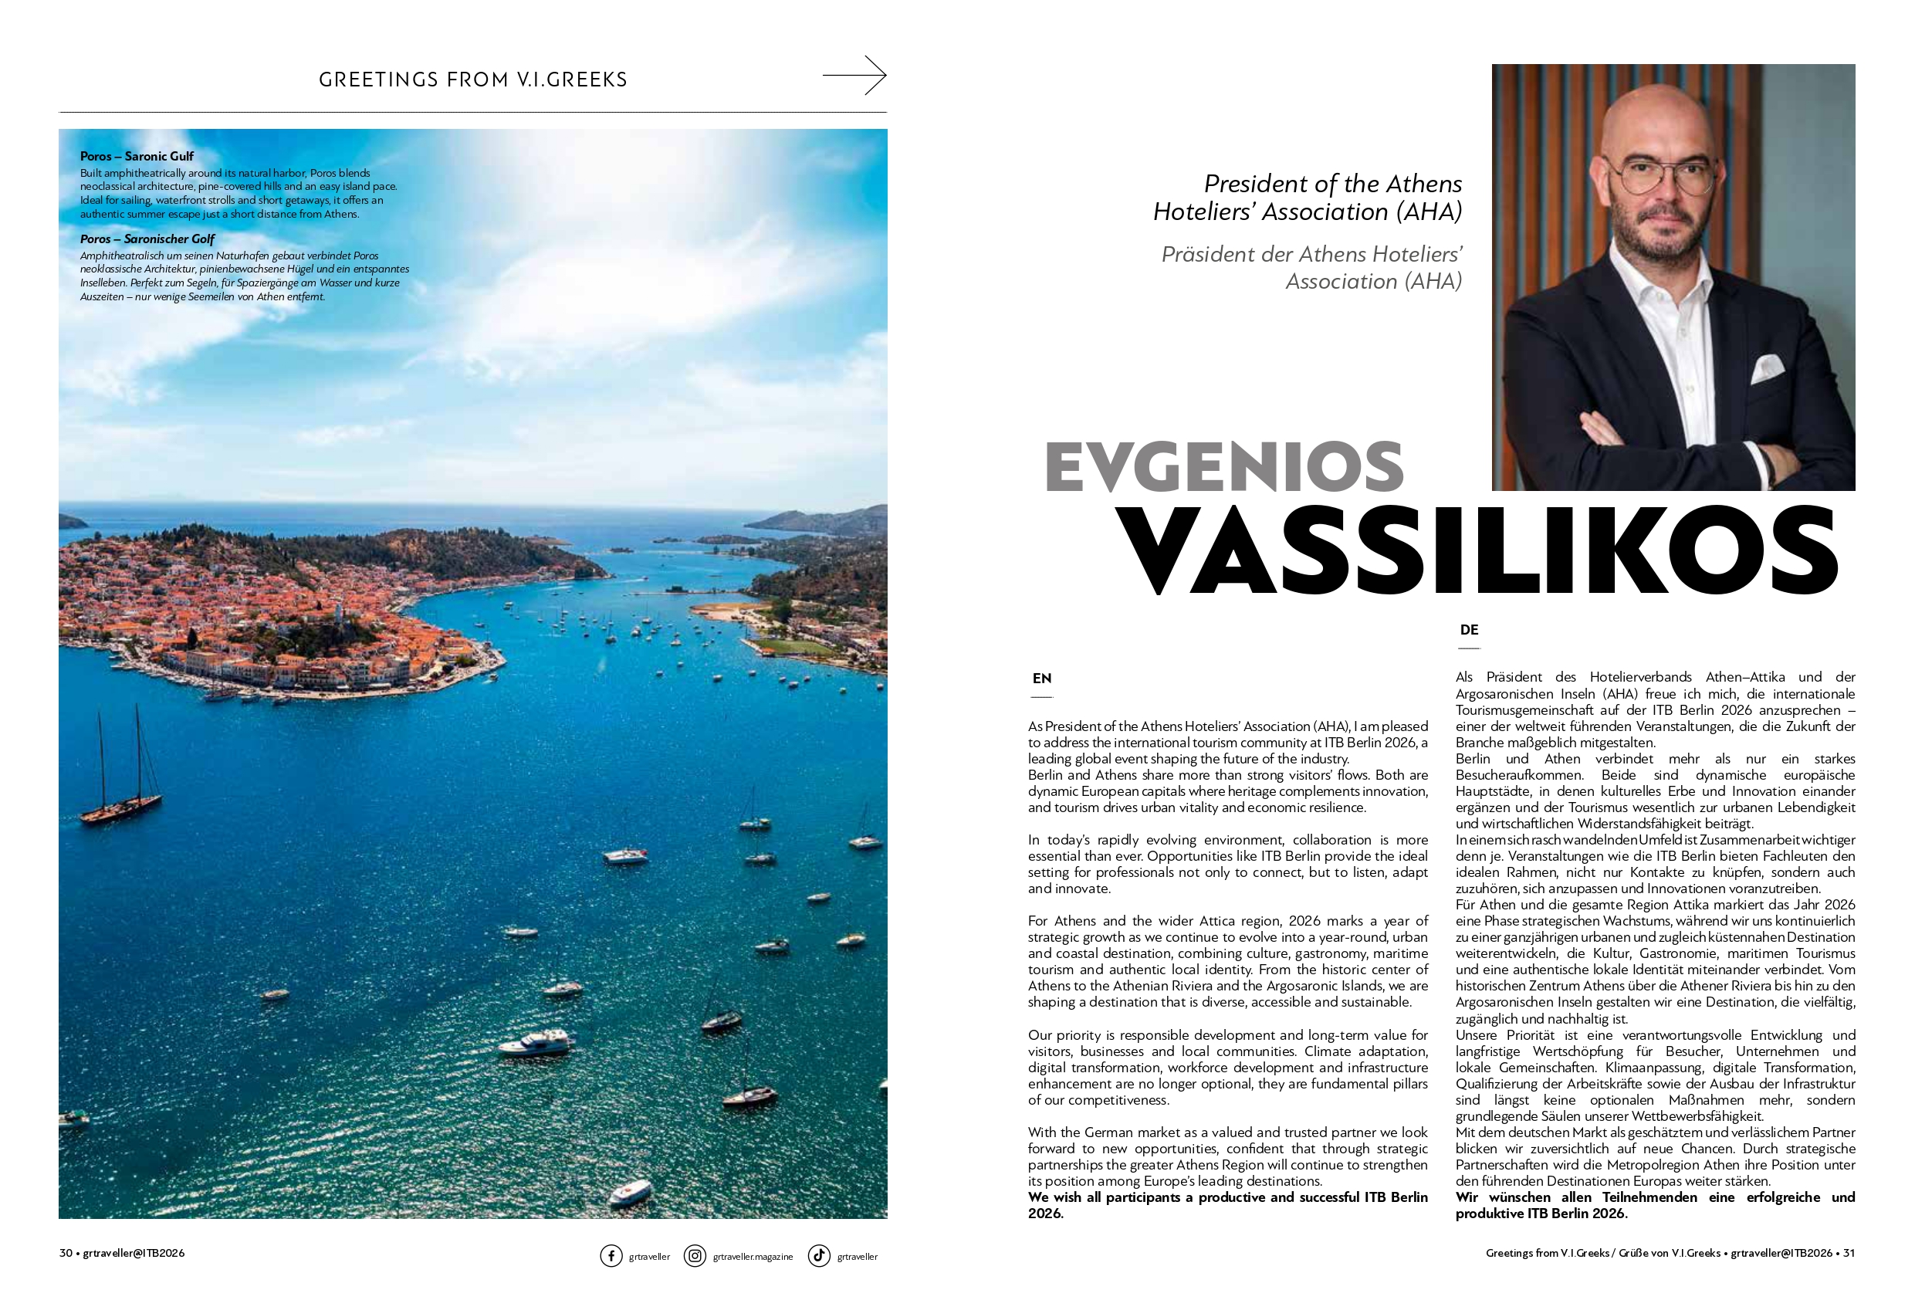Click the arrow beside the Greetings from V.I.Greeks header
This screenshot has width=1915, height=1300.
[854, 76]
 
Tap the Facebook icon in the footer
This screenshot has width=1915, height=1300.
[611, 1255]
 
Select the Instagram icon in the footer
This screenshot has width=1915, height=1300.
[695, 1255]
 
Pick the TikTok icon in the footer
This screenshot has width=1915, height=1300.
[818, 1255]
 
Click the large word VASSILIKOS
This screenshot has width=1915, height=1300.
[1478, 550]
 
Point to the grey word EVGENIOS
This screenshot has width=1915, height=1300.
[1223, 466]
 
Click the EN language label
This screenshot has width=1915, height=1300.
[1041, 679]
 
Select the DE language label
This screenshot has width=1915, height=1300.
[1468, 630]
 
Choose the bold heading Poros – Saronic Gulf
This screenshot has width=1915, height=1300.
[137, 156]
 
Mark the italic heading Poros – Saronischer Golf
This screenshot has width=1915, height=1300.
[147, 239]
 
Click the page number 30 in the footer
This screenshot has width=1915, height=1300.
[66, 1253]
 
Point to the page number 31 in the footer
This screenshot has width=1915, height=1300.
[1849, 1253]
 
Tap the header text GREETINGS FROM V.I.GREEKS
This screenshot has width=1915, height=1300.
[473, 80]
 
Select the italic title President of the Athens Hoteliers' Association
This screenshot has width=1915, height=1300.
[1308, 198]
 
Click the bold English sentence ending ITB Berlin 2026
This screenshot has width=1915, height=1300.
[1227, 1205]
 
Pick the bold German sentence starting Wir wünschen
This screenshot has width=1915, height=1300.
[1655, 1205]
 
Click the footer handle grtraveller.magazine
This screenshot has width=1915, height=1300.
[753, 1257]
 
